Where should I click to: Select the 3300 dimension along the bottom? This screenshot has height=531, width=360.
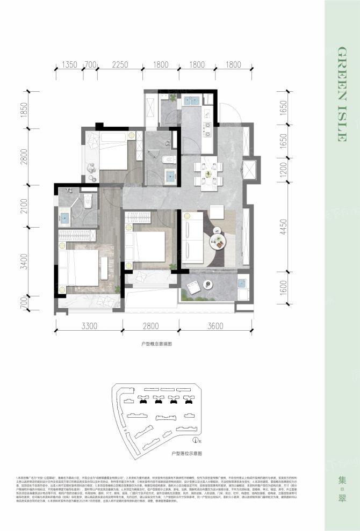pyautogui.click(x=89, y=326)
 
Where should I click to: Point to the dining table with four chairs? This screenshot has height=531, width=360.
pyautogui.click(x=210, y=173)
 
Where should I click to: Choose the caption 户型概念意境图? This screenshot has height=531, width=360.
pyautogui.click(x=156, y=342)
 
